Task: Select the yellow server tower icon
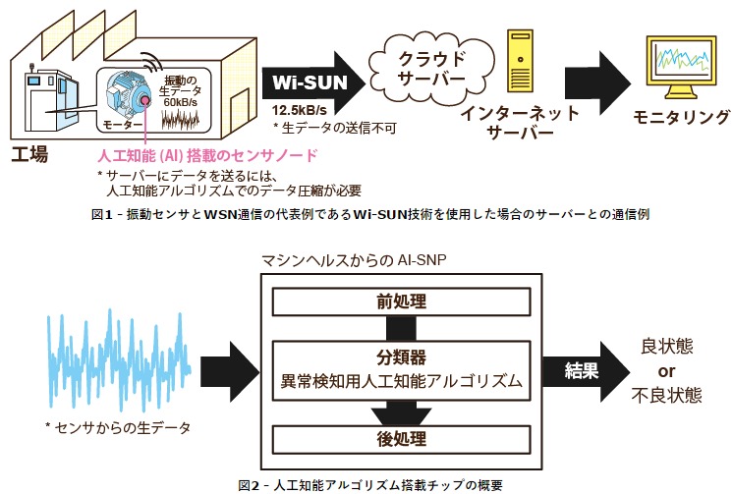point(522,64)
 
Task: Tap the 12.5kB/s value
point(302,109)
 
